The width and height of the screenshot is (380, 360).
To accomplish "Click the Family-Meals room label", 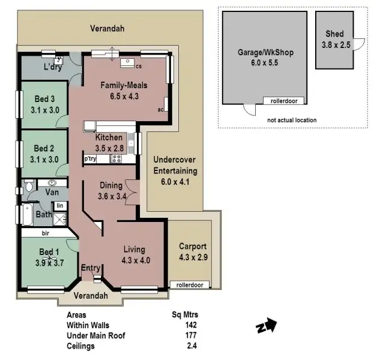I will pos(124,91).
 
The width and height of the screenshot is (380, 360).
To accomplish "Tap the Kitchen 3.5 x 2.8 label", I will pos(109,142).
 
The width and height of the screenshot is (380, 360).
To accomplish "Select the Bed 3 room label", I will pos(44,104).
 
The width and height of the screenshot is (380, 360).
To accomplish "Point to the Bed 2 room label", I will pos(44,154).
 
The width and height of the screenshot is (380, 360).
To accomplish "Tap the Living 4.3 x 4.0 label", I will pos(134,255).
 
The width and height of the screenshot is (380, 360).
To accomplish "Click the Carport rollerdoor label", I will pos(190,285).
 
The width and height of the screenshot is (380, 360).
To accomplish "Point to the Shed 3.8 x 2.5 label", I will pos(335,39).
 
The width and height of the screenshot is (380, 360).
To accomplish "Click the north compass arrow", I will pos(268,326).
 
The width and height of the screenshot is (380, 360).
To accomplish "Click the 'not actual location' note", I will pos(292,120).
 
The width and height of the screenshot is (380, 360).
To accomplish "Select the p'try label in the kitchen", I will pos(90,159).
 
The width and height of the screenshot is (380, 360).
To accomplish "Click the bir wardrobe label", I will pos(45,233).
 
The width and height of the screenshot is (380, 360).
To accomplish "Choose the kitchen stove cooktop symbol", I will pos(116,159).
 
